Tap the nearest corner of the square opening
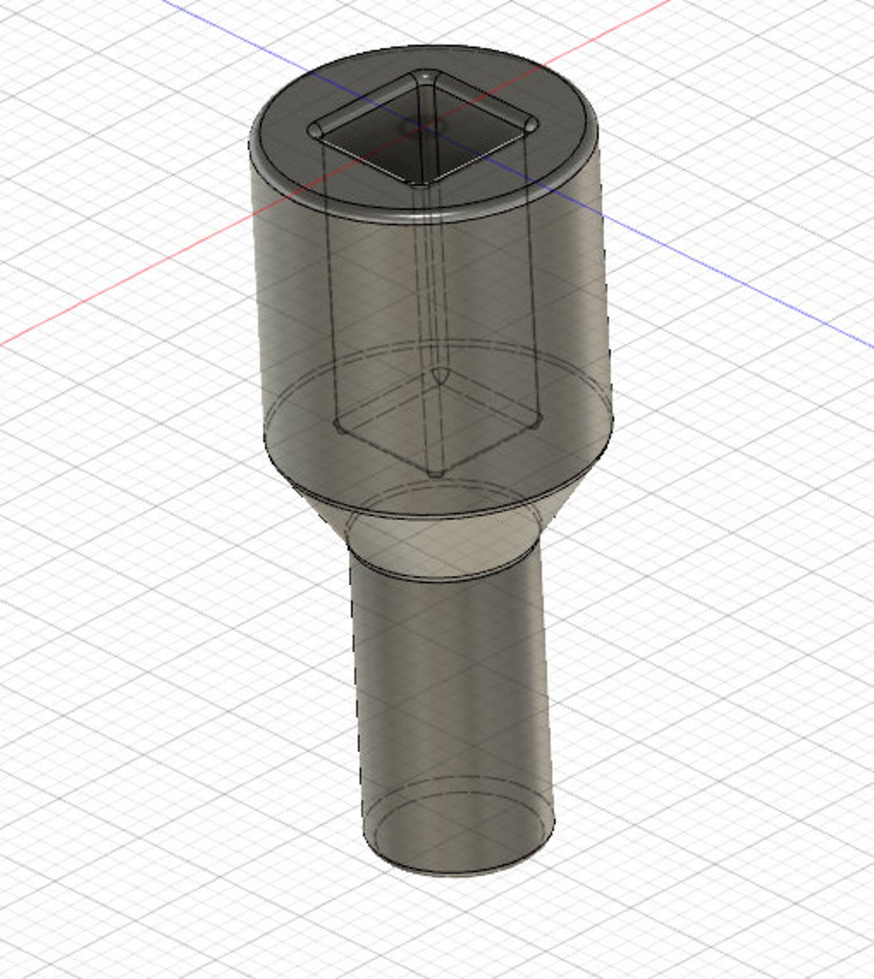click(418, 183)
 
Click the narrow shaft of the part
click(453, 688)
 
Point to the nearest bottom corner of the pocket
click(436, 473)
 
